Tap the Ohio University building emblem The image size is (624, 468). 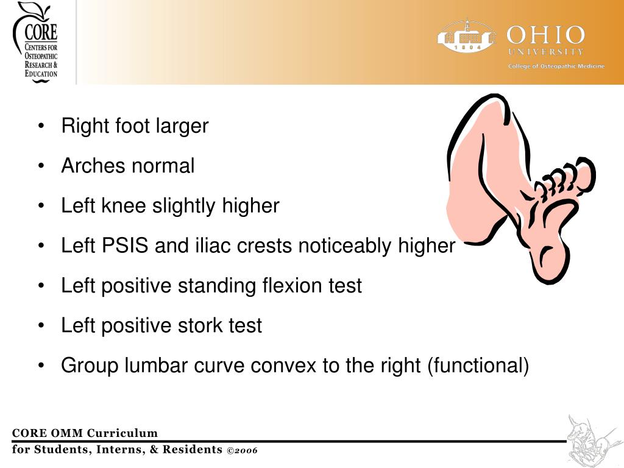tap(467, 37)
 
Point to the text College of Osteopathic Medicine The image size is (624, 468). tap(556, 66)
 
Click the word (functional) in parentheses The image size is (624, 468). tap(478, 366)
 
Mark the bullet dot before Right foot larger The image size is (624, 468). tap(41, 127)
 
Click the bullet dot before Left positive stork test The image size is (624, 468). tap(41, 327)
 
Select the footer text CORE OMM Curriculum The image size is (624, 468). tap(85, 433)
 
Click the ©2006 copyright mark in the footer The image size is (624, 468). tap(242, 450)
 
